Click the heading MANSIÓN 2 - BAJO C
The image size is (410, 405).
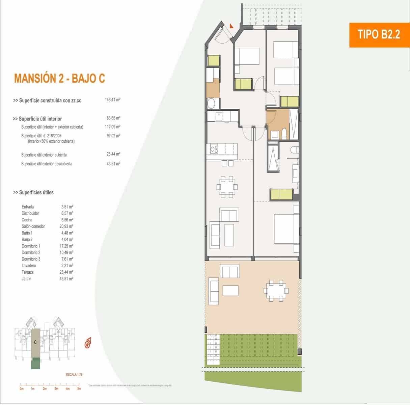59,78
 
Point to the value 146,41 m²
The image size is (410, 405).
113,100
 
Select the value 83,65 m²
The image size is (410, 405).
113,118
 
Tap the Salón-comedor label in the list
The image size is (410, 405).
33,226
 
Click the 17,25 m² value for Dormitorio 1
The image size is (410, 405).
66,246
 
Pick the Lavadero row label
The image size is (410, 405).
29,266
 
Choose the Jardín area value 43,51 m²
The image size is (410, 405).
66,279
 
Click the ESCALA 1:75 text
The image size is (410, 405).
74,375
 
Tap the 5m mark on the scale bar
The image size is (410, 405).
79,388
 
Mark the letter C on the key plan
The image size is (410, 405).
35,342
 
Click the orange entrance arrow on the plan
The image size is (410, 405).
231,25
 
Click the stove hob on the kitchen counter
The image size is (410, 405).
214,148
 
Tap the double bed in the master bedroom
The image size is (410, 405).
285,228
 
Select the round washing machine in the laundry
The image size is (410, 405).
211,103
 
